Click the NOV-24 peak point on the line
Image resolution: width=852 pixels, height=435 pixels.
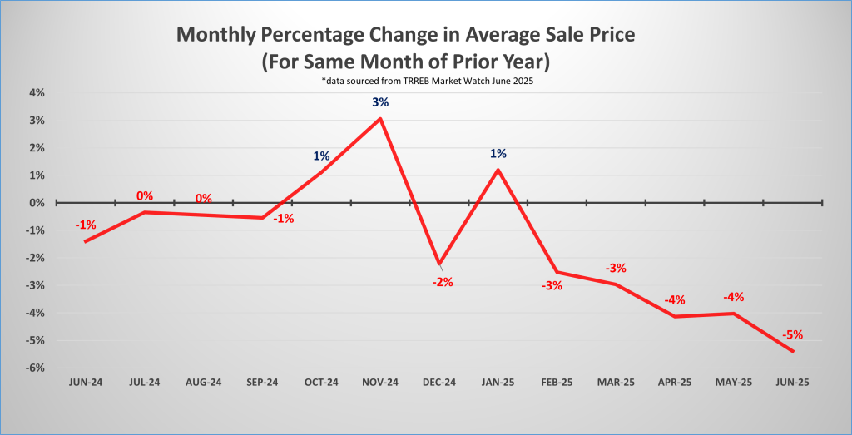click(380, 118)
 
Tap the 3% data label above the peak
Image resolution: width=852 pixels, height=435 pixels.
click(380, 102)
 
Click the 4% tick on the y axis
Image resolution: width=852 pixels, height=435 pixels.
click(36, 93)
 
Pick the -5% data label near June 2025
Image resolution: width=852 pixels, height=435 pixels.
click(792, 335)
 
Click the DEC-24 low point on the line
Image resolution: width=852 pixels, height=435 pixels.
click(439, 264)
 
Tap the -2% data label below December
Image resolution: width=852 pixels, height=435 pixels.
click(442, 282)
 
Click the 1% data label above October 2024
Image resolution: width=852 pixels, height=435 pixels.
click(321, 156)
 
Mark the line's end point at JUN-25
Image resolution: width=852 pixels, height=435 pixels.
click(793, 351)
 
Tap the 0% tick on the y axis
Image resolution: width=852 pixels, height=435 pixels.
click(36, 203)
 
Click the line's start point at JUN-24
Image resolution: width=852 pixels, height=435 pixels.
click(86, 241)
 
